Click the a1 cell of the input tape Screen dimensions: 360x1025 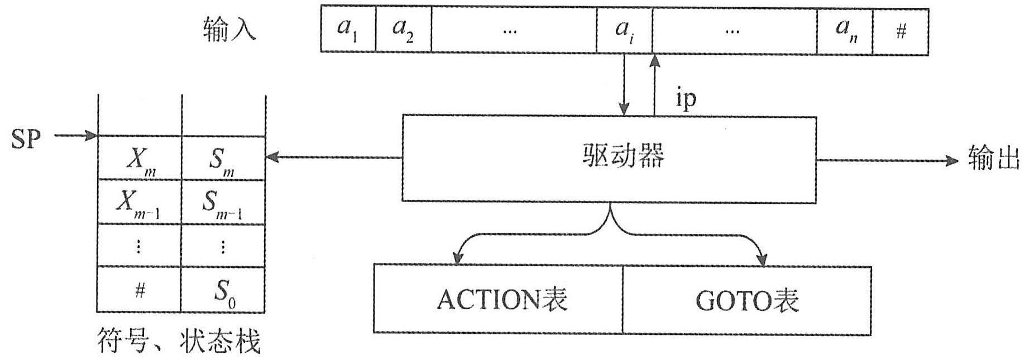pyautogui.click(x=348, y=30)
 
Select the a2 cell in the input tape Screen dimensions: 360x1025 pyautogui.click(x=403, y=30)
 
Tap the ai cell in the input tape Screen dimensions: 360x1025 pyautogui.click(x=624, y=30)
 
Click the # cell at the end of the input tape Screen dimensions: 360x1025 pyautogui.click(x=901, y=32)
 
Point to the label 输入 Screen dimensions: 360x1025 pyautogui.click(x=229, y=29)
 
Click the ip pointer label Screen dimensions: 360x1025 pyautogui.click(x=686, y=99)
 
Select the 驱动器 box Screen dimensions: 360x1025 pyautogui.click(x=609, y=159)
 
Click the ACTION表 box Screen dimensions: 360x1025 pyautogui.click(x=498, y=300)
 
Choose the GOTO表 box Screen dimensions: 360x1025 pyautogui.click(x=746, y=301)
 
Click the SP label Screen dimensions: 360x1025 pyautogui.click(x=26, y=138)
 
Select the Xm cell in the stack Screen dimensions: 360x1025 pyautogui.click(x=140, y=159)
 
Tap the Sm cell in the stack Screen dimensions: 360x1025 pyautogui.click(x=223, y=160)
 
